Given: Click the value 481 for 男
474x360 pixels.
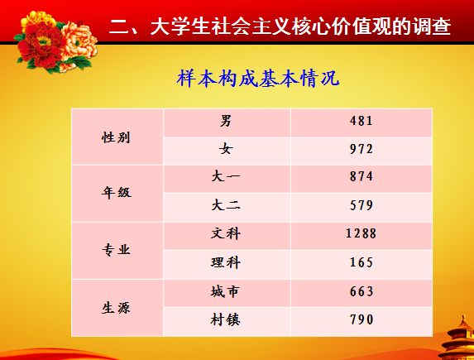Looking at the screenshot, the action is point(361,121).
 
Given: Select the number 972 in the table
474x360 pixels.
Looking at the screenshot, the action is point(361,149).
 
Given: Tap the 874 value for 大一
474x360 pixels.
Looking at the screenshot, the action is point(361,176).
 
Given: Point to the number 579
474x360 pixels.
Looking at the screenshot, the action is point(361,206).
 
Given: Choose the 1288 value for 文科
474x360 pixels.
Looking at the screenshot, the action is point(361,233).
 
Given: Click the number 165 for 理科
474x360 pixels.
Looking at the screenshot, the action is point(361,262).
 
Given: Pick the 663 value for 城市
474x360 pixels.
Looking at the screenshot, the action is point(361,291).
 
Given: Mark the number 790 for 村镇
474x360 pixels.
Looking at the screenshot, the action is point(361,319).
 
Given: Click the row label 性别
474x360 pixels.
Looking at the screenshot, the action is point(116,137).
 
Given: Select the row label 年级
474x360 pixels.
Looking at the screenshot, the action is point(116,192).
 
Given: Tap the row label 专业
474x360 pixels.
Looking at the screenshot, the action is point(116,250).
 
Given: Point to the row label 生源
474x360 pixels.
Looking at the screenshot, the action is point(116,308).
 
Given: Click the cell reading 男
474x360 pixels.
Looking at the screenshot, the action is point(226,121).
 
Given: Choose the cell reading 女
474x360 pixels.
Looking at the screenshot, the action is point(226,149).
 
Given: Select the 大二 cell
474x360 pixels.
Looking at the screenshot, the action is point(226,206).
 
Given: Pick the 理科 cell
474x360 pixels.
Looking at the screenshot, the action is point(226,262).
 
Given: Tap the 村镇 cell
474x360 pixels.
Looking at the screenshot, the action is point(226,319).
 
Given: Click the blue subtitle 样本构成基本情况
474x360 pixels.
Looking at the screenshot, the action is point(258,79).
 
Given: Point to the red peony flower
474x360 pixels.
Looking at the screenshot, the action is point(41,46).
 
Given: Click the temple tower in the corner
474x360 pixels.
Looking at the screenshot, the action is point(459,338).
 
